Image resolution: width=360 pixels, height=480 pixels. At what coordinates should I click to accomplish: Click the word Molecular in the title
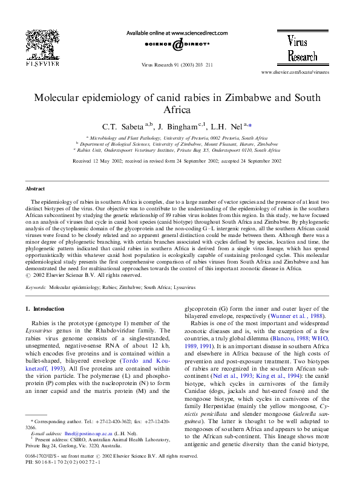58,97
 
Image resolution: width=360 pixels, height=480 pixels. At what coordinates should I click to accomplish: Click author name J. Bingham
177,127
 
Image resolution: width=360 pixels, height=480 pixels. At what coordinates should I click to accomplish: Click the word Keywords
36,288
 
